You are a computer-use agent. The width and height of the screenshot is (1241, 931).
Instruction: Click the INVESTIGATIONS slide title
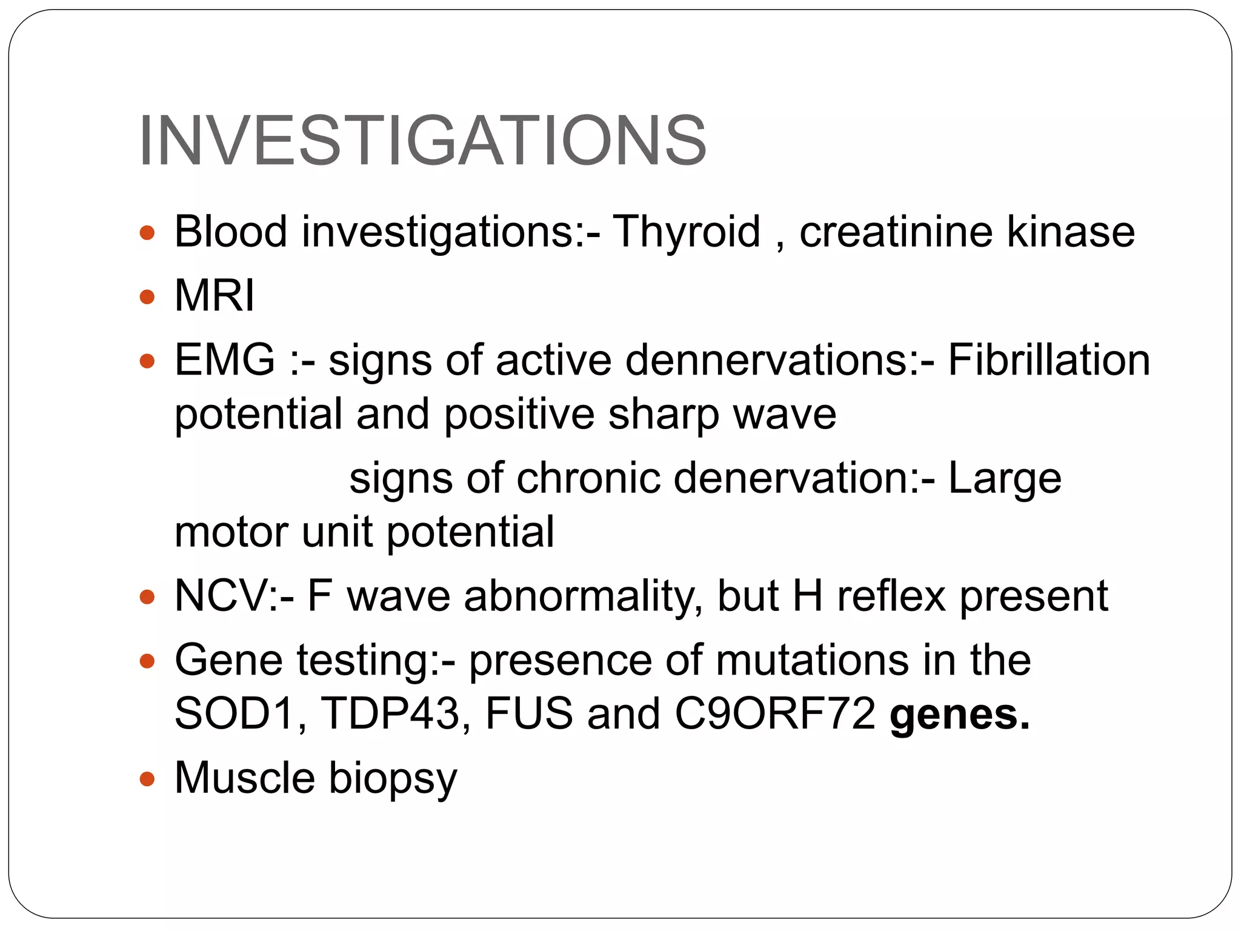[x=422, y=141]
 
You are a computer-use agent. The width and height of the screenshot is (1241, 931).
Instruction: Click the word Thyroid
[x=687, y=232]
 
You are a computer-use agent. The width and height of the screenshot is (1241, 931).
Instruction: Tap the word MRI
[x=215, y=296]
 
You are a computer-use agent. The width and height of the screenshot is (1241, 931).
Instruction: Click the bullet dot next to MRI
[x=147, y=297]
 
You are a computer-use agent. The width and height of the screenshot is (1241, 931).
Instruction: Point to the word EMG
[x=225, y=361]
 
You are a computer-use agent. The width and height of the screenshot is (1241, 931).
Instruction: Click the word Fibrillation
[x=1048, y=361]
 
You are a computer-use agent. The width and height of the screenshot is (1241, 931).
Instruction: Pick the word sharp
[x=663, y=415]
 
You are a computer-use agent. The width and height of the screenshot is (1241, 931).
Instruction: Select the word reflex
[x=891, y=596]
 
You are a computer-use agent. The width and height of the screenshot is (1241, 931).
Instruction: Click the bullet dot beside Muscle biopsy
[x=147, y=778]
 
